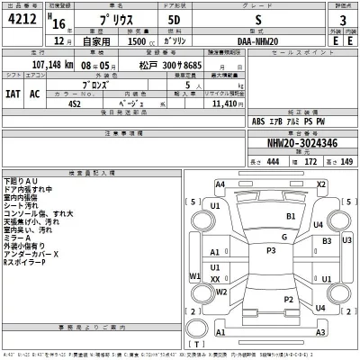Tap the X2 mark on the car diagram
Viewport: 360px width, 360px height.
click(319, 184)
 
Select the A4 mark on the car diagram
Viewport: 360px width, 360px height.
click(220, 184)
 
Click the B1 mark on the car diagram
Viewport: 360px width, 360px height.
click(291, 217)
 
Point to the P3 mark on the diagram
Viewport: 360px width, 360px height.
click(270, 250)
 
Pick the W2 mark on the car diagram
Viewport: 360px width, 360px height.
click(194, 276)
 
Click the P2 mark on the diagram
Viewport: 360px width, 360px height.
click(288, 299)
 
